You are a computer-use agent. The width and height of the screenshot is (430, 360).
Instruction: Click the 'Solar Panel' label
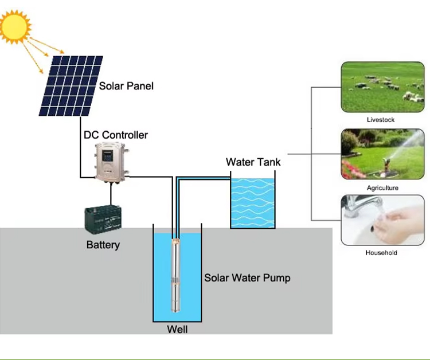[x=126, y=86]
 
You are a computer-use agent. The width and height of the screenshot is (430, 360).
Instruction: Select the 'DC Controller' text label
[x=116, y=135]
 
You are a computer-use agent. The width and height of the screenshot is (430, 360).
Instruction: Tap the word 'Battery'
[x=103, y=245]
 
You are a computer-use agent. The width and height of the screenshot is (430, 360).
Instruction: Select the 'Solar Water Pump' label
[x=247, y=278]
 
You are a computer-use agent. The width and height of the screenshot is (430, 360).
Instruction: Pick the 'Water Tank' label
[x=253, y=162]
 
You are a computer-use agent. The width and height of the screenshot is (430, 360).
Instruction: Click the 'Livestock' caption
[x=381, y=120]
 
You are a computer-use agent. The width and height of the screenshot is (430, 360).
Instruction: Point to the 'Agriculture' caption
[x=382, y=188]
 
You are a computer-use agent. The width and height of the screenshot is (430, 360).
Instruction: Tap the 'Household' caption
[x=381, y=253]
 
